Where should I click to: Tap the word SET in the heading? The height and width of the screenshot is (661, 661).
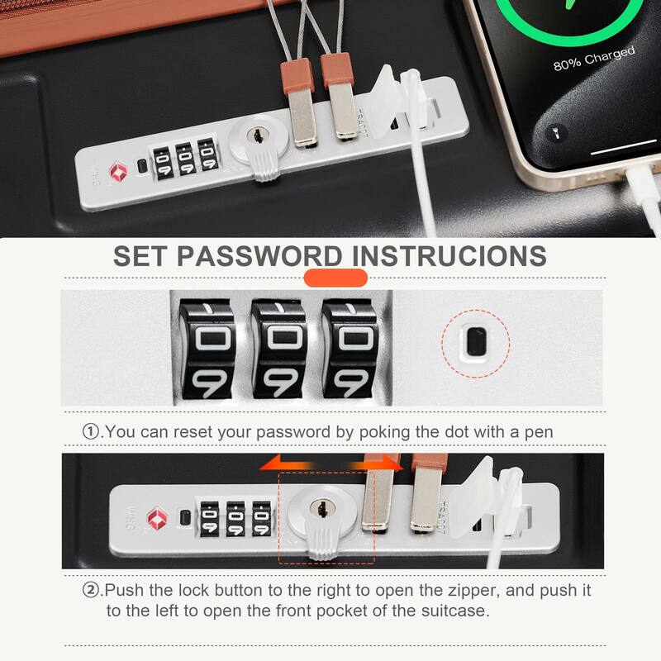pyautogui.click(x=141, y=255)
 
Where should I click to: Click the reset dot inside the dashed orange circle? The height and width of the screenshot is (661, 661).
pyautogui.click(x=473, y=341)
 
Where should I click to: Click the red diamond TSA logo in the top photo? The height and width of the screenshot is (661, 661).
pyautogui.click(x=113, y=170)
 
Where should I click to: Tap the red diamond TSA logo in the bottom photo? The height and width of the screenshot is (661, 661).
pyautogui.click(x=157, y=519)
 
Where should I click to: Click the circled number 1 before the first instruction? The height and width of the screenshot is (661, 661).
pyautogui.click(x=90, y=431)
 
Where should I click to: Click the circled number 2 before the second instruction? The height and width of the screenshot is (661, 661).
pyautogui.click(x=90, y=591)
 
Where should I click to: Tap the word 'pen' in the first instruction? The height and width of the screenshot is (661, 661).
pyautogui.click(x=538, y=431)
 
